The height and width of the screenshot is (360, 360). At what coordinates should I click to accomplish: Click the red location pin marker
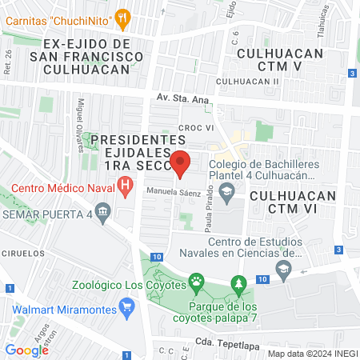pos(181,163)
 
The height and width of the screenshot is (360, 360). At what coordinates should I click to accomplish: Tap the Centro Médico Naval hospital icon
pos(125,189)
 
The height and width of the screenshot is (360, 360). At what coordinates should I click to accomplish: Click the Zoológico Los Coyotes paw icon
pos(196,281)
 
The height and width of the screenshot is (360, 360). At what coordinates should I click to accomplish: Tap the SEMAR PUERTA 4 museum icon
pos(102,213)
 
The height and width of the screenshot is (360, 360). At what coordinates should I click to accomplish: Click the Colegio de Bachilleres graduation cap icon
pos(226,190)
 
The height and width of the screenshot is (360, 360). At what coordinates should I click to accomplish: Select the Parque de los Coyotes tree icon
pos(238,283)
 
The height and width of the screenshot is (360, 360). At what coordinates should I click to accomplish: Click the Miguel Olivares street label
pos(80,120)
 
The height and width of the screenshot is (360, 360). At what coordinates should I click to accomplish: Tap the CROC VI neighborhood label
pos(194,127)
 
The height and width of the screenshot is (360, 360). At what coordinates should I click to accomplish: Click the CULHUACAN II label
pos(246,82)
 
